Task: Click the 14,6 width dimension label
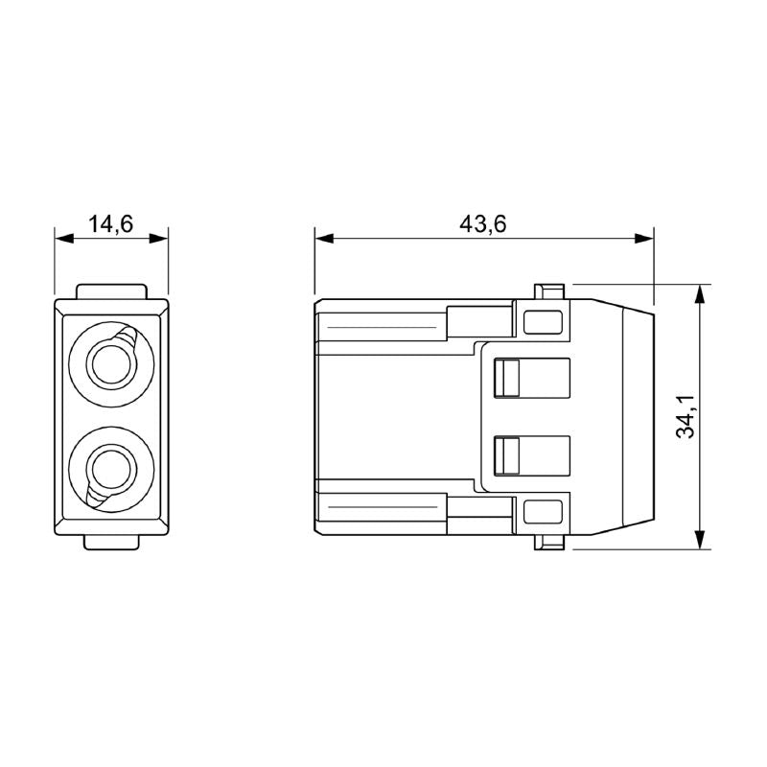pyautogui.click(x=111, y=224)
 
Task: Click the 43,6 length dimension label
pyautogui.click(x=483, y=224)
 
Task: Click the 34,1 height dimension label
pyautogui.click(x=685, y=417)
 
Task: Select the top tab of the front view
pyautogui.click(x=112, y=291)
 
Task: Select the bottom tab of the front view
pyautogui.click(x=112, y=542)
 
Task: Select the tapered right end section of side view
pyautogui.click(x=614, y=417)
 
